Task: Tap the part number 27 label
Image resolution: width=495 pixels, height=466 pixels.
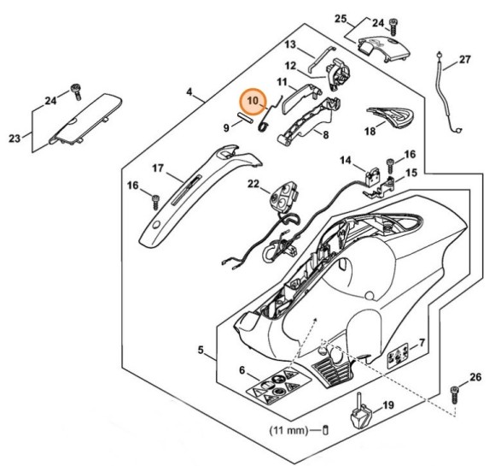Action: point(464,60)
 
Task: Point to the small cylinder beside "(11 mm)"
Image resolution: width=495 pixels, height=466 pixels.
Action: point(325,430)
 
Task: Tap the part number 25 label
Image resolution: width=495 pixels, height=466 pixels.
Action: point(340,18)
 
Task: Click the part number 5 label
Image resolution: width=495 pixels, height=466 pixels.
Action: point(201,351)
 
